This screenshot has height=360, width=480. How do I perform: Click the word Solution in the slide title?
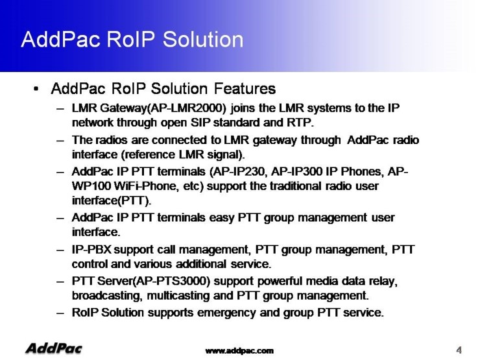(x=202, y=40)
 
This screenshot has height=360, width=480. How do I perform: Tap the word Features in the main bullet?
(x=245, y=89)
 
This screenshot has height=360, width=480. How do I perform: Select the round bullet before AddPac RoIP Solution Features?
(x=36, y=89)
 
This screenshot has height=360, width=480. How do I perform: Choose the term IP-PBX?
(x=91, y=250)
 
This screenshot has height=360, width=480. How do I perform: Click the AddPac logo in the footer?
(x=54, y=349)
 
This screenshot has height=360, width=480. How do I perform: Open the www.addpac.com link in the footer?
(x=239, y=351)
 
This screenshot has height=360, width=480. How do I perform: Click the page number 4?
(x=459, y=350)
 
